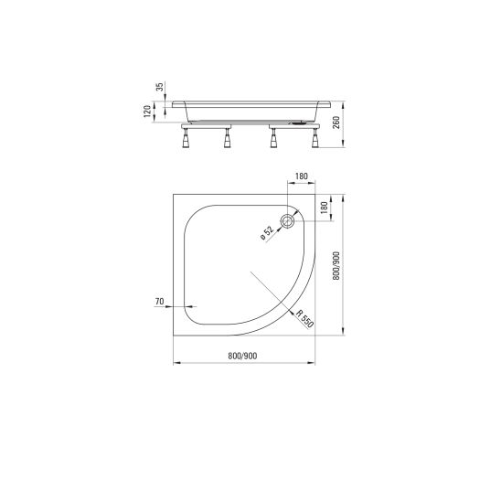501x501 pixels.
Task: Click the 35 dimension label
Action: tap(160, 87)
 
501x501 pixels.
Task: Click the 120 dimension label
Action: tap(147, 112)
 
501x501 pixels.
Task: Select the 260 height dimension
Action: tap(336, 123)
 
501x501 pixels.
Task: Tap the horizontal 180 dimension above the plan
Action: tap(302, 176)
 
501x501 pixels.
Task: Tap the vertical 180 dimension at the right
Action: tap(324, 208)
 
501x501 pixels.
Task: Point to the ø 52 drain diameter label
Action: tap(267, 233)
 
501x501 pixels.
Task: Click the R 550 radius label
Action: tap(304, 318)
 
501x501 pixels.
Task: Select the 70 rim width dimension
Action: tap(159, 302)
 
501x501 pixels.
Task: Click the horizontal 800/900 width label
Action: tap(242, 356)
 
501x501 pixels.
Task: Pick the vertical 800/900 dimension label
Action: tap(336, 266)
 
